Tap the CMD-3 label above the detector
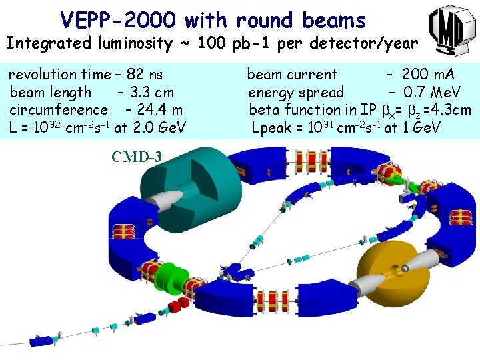(136, 157)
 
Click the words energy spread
(296, 92)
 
